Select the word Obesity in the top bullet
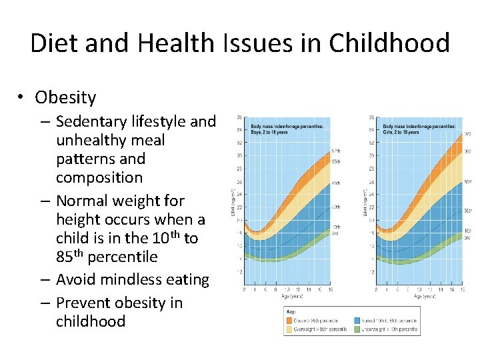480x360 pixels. coord(65,97)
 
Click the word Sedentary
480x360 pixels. coord(94,121)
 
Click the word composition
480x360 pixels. coord(99,177)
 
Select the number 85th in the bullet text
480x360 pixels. coord(69,256)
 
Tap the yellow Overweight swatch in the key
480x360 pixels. coord(291,329)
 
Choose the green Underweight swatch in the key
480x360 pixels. coord(358,329)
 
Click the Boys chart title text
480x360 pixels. coord(287,129)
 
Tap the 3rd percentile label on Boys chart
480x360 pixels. coord(336,233)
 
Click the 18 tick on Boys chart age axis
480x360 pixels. coord(329,290)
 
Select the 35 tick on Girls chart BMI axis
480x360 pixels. coord(371,117)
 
